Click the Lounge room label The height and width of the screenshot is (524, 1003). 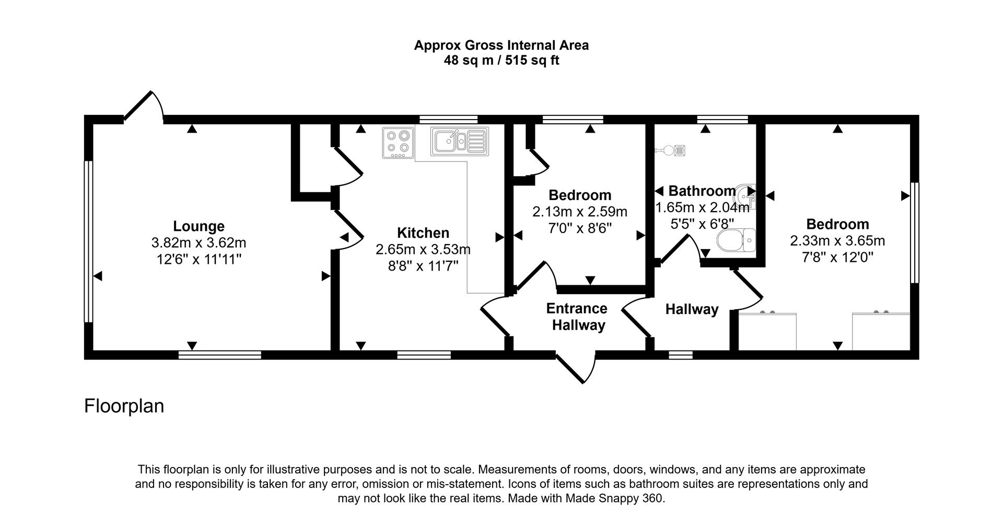click(199, 226)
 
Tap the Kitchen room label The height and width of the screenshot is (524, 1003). click(423, 233)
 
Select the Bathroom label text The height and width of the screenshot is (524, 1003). click(702, 191)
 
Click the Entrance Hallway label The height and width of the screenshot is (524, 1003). click(578, 317)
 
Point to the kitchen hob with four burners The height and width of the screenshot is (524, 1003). click(398, 143)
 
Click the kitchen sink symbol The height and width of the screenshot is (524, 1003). click(459, 142)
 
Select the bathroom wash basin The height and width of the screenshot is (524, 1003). click(746, 196)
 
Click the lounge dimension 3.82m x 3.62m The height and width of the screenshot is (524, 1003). click(199, 243)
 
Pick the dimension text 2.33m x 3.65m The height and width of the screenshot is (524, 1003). click(837, 241)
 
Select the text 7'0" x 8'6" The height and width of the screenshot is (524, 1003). click(579, 228)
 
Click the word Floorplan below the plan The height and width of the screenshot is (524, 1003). click(124, 406)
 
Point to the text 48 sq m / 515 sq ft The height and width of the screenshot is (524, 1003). click(501, 61)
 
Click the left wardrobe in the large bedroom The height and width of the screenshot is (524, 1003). click(767, 331)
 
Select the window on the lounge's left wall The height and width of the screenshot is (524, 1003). click(88, 241)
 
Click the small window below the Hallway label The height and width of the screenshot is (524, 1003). click(681, 355)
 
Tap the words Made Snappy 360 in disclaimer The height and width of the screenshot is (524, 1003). click(614, 498)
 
